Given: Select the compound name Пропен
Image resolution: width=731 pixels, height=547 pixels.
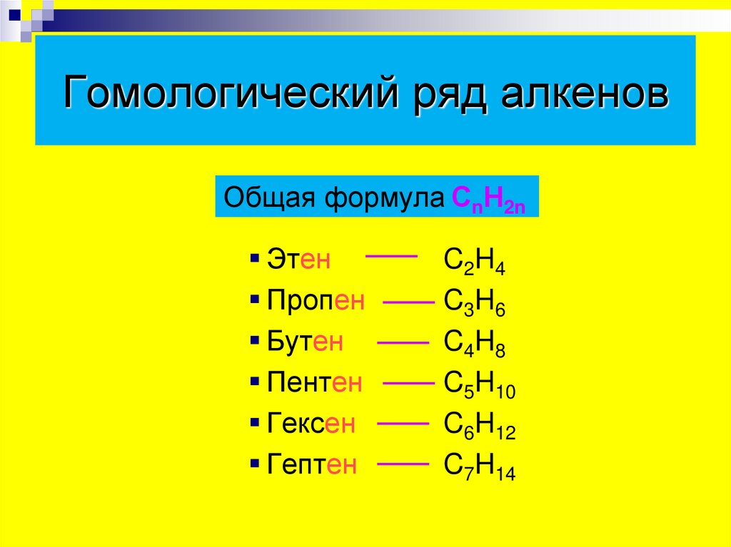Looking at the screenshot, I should pyautogui.click(x=316, y=300).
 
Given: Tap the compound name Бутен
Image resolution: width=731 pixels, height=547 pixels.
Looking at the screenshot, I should pyautogui.click(x=305, y=342).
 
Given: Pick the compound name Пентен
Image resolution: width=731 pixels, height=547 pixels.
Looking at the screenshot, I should pyautogui.click(x=315, y=383).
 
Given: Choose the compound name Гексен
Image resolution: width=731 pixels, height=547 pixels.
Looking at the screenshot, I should pyautogui.click(x=311, y=424).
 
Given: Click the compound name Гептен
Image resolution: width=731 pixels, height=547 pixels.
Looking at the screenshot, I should pyautogui.click(x=312, y=465).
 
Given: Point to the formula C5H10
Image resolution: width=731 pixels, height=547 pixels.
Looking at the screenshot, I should pyautogui.click(x=480, y=385).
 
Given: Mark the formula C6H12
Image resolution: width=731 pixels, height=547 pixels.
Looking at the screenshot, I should pyautogui.click(x=480, y=426).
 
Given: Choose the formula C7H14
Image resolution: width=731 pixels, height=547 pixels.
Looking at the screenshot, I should pyautogui.click(x=480, y=467).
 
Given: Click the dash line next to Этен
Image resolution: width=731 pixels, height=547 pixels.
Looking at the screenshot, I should pyautogui.click(x=391, y=255).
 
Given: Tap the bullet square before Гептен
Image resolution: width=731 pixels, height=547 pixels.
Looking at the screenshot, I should pyautogui.click(x=255, y=463).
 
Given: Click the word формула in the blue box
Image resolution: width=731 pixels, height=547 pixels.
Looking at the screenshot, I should pyautogui.click(x=386, y=198).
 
